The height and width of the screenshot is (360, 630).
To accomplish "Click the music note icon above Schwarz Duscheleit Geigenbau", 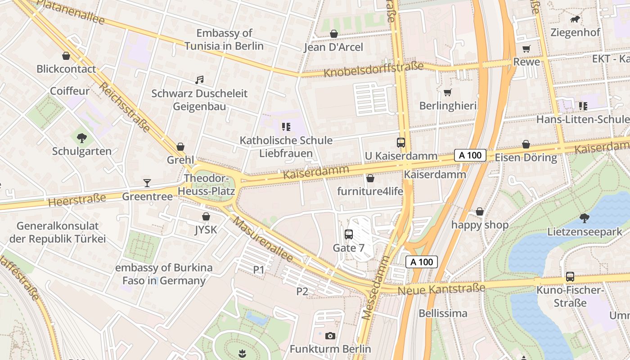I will coord(199,80).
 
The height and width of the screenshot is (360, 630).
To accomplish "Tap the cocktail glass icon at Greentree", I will coord(147,183).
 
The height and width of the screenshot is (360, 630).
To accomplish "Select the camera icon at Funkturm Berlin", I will coord(330,336).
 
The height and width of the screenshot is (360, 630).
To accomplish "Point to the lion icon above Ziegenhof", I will coord(575,19).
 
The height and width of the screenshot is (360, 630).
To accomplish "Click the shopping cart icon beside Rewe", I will coord(526,49).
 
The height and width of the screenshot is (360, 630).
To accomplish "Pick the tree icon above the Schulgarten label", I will coord(81,138).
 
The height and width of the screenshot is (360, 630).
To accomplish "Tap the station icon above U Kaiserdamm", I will coord(401,143).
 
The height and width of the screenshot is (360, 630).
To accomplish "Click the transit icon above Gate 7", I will coord(349,234).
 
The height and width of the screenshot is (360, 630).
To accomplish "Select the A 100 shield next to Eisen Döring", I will coord(470,155).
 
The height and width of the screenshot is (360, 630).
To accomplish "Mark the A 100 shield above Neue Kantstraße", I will coord(422,262).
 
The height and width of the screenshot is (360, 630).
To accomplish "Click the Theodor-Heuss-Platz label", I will coord(207,185).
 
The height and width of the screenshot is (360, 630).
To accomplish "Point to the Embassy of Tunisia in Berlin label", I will coord(224,40).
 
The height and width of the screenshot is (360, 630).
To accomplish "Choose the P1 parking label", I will coord(258,270).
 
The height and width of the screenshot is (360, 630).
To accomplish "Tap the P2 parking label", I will coord(302,291).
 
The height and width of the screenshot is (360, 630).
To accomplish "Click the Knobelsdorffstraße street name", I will coord(373,69).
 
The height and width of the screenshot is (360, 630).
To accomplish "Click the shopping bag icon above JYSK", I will coord(206,216).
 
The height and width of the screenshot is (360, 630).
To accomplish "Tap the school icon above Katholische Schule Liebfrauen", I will coord(286,127).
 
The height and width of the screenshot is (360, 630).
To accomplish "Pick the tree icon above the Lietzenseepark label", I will coord(584,218).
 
